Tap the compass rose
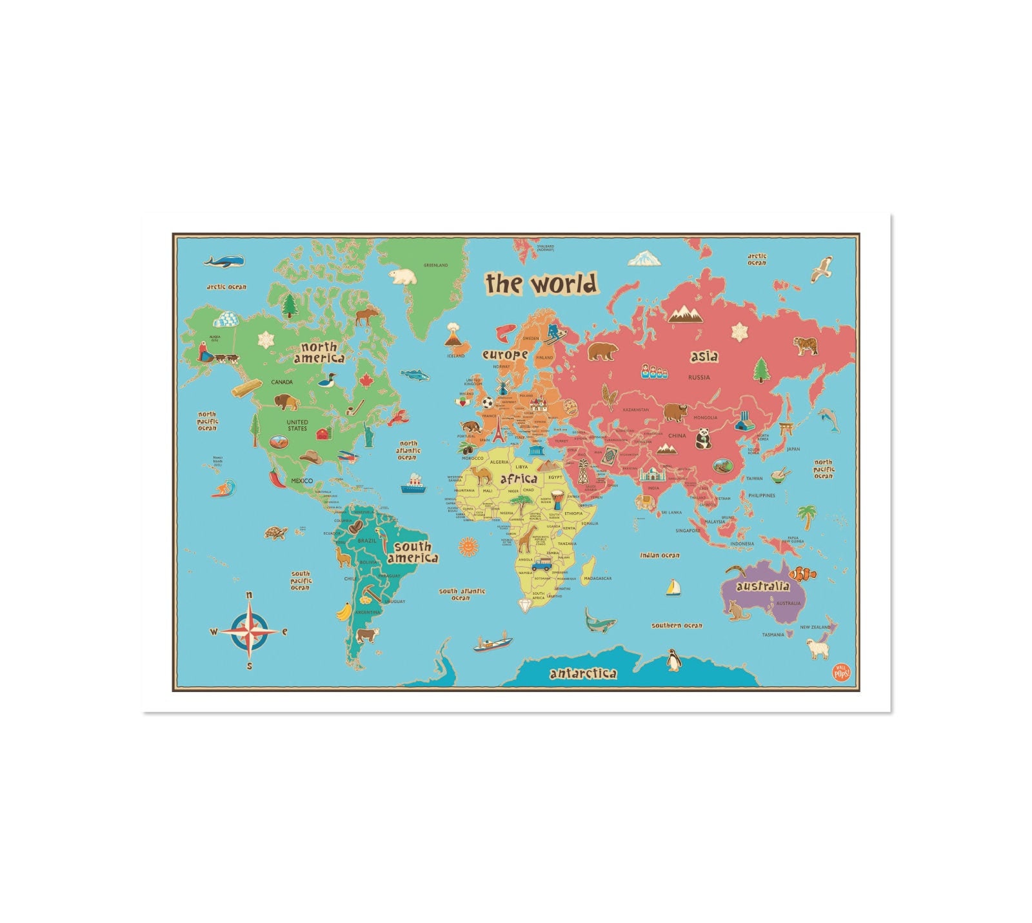click(249, 631)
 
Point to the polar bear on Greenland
click(404, 277)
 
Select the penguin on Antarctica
click(674, 660)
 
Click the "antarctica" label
click(582, 674)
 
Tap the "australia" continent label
click(763, 586)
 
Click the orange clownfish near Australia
click(803, 573)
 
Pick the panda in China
click(702, 439)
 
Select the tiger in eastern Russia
click(806, 345)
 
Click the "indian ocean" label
click(659, 555)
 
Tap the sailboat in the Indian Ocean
click(673, 588)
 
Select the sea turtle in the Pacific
click(276, 533)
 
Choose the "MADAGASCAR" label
click(597, 579)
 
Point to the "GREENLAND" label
click(435, 265)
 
